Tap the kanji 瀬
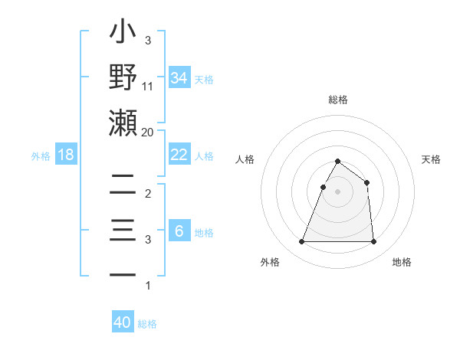pyautogui.click(x=123, y=123)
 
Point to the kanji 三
pyautogui.click(x=123, y=231)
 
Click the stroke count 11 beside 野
pyautogui.click(x=148, y=87)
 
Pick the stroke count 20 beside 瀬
pyautogui.click(x=148, y=132)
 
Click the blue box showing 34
pyautogui.click(x=179, y=77)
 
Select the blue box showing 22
pyautogui.click(x=179, y=155)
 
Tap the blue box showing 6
pyautogui.click(x=179, y=231)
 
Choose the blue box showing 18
pyautogui.click(x=66, y=155)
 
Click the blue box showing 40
pyautogui.click(x=123, y=322)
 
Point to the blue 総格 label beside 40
pyautogui.click(x=147, y=324)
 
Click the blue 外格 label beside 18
pyautogui.click(x=41, y=156)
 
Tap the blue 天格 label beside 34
pyautogui.click(x=204, y=79)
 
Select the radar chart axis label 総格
pyautogui.click(x=337, y=100)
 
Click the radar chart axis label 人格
pyautogui.click(x=245, y=159)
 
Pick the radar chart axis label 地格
pyautogui.click(x=402, y=262)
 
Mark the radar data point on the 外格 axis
pyautogui.click(x=301, y=242)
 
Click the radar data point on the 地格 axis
pyautogui.click(x=373, y=242)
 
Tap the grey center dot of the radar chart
pyautogui.click(x=337, y=192)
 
